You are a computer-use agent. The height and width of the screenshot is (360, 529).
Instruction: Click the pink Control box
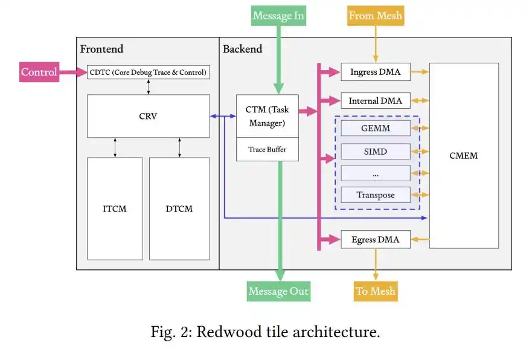tap(39, 72)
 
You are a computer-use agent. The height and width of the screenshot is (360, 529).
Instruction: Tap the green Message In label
tap(278, 16)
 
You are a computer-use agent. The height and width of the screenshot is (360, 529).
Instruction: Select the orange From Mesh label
tap(376, 16)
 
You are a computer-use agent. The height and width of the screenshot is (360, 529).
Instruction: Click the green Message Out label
tap(278, 291)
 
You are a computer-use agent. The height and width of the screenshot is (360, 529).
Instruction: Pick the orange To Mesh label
tap(376, 291)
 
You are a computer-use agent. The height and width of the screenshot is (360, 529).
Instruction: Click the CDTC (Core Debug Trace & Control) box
tap(148, 72)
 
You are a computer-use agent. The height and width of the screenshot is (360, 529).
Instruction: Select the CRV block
tap(148, 116)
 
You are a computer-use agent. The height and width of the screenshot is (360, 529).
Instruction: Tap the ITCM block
tap(115, 209)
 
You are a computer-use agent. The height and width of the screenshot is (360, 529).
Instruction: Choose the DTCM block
tap(179, 209)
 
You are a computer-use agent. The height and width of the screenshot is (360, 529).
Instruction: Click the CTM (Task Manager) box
tap(267, 116)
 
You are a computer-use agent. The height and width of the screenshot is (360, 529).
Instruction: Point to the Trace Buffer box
tap(267, 149)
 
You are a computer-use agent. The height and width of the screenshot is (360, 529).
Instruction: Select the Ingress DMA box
tap(376, 72)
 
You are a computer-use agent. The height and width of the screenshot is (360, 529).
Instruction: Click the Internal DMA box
tap(376, 100)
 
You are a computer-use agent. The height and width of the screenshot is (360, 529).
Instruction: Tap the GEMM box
tap(376, 128)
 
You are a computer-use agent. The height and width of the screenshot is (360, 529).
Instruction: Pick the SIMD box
tap(376, 152)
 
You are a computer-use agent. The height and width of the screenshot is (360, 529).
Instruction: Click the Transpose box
tap(376, 195)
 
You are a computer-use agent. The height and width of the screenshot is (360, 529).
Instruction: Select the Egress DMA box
tap(376, 240)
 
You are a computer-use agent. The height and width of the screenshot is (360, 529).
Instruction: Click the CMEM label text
tap(464, 156)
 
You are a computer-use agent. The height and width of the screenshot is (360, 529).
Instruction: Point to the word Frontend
tap(101, 49)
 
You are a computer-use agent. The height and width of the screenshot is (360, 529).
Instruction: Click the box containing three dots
tap(376, 173)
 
